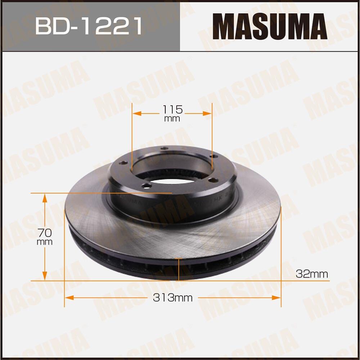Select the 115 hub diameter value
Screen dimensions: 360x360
point(172,109)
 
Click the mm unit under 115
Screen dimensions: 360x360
point(172,119)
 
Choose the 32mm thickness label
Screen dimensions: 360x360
point(312,274)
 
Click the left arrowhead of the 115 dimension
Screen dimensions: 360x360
point(136,113)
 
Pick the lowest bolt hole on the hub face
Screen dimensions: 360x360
point(145,185)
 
